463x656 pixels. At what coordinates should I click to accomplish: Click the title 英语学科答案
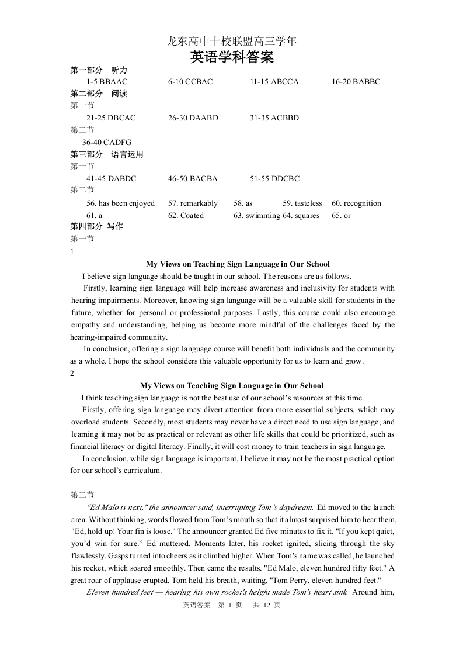click(232, 58)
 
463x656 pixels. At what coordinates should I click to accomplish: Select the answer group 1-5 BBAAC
click(106, 82)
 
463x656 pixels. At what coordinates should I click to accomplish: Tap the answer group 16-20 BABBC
click(356, 82)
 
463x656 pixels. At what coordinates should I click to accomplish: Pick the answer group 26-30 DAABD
click(193, 118)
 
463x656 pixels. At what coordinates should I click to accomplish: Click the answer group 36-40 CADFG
click(106, 142)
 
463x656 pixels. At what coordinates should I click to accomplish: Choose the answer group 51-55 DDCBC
click(274, 179)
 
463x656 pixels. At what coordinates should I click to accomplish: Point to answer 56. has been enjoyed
click(120, 203)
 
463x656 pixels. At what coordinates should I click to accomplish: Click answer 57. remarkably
click(193, 203)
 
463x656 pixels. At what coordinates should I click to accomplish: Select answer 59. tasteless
click(302, 203)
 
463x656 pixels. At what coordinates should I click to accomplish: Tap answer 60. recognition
click(356, 203)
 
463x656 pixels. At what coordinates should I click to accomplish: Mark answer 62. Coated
click(186, 216)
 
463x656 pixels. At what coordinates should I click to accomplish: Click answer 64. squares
click(301, 216)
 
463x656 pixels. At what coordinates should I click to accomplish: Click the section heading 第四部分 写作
click(96, 226)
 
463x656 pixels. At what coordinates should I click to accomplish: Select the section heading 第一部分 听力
click(99, 70)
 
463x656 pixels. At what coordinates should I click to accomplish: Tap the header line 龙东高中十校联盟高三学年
click(232, 42)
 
